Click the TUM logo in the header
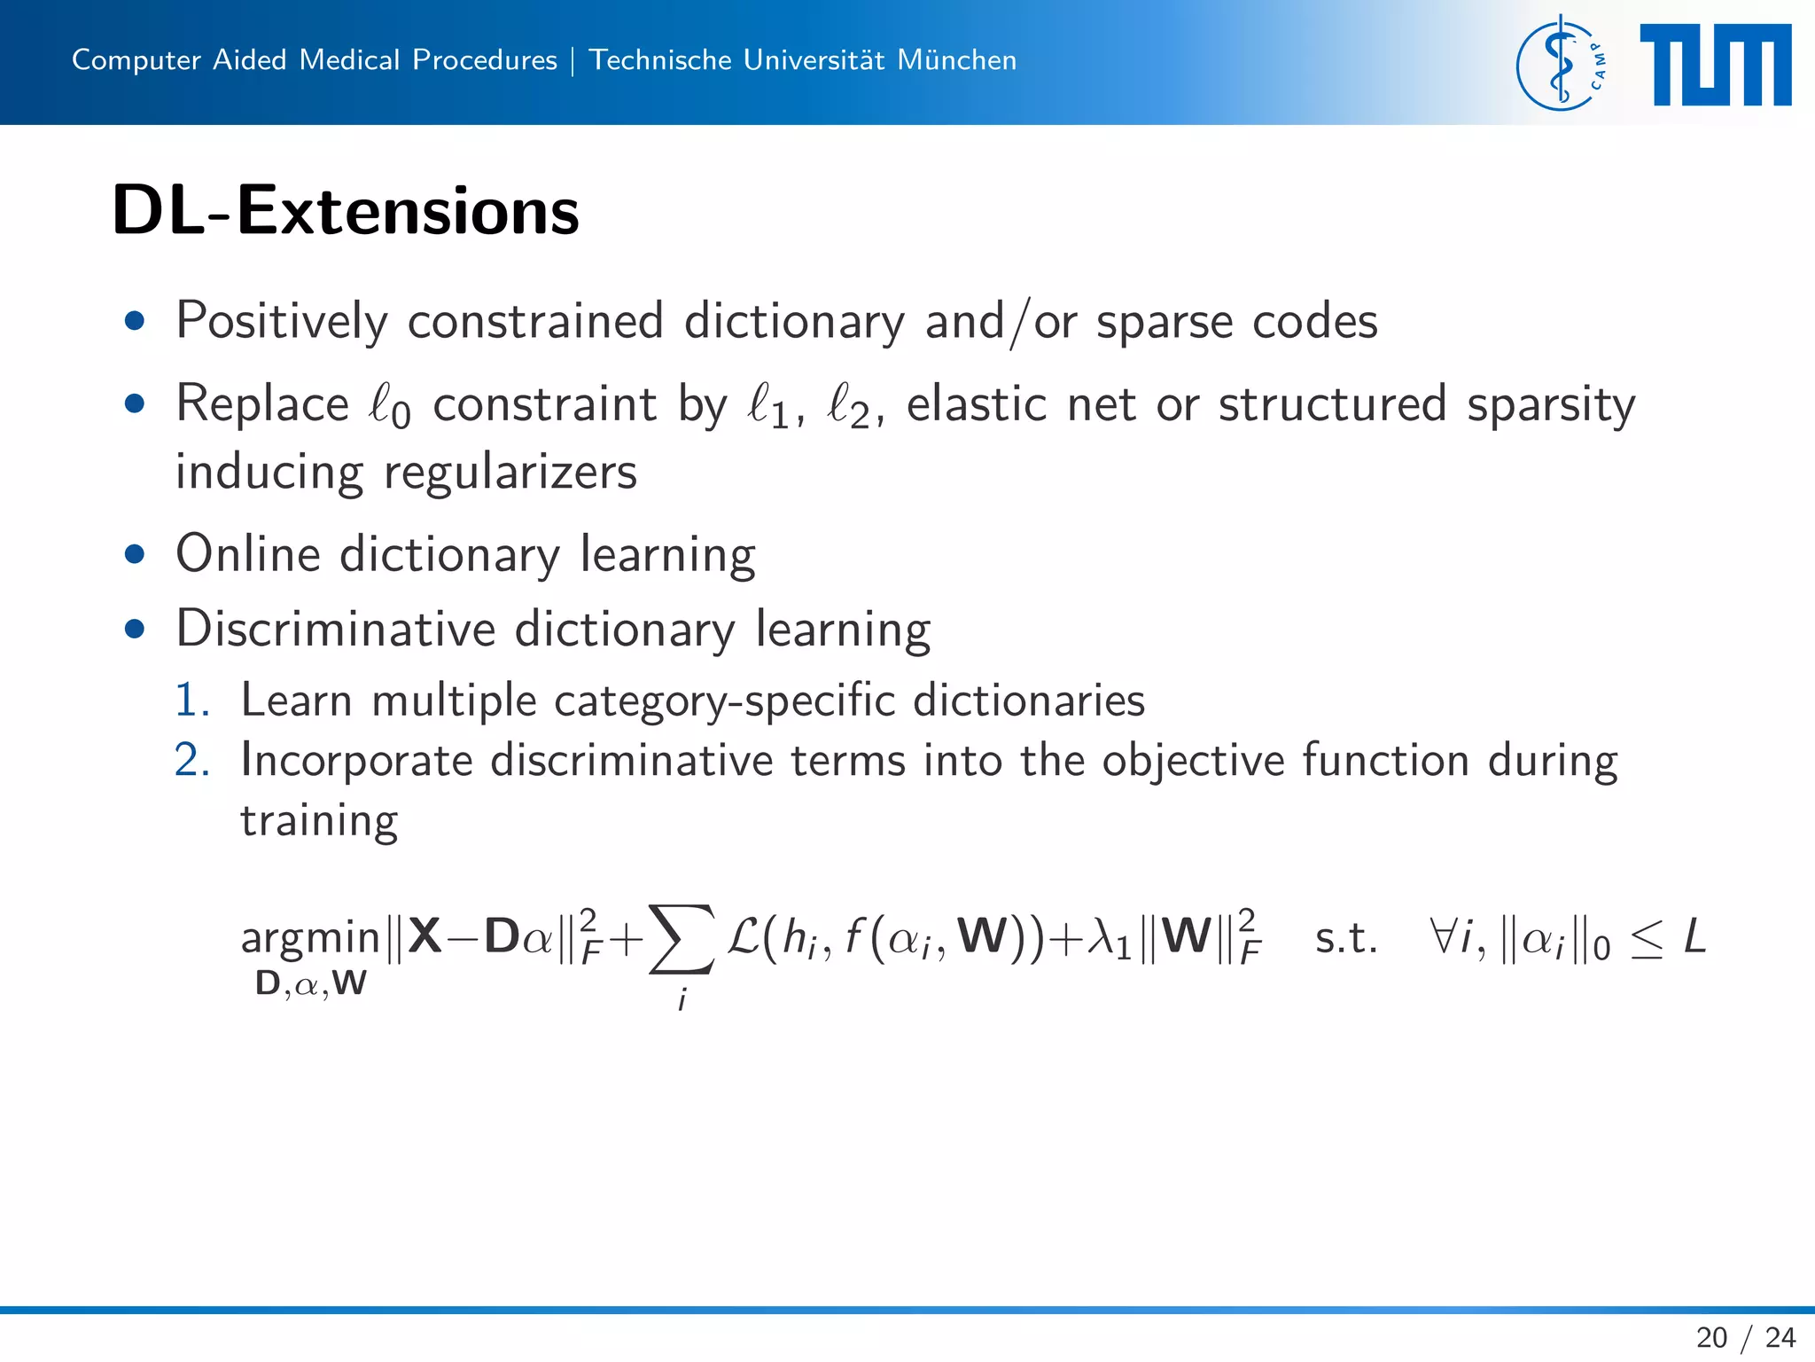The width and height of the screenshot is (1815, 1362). [x=1715, y=65]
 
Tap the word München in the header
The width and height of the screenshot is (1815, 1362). [x=956, y=60]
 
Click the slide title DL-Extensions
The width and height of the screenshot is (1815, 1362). [x=345, y=211]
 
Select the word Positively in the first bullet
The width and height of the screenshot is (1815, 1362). [x=282, y=321]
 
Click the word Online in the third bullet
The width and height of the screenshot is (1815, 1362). [x=248, y=554]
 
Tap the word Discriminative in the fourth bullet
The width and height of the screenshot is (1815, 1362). [x=335, y=629]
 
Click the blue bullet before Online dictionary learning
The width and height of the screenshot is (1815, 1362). [x=135, y=555]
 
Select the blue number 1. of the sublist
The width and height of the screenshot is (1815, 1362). [x=191, y=701]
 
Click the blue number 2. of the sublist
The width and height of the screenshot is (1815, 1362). [x=191, y=761]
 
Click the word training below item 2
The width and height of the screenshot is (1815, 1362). [x=319, y=821]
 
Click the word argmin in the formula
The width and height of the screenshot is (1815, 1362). [x=310, y=938]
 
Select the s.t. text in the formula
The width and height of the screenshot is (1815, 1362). [x=1345, y=938]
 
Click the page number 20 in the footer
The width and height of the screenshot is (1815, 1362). [x=1711, y=1337]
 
